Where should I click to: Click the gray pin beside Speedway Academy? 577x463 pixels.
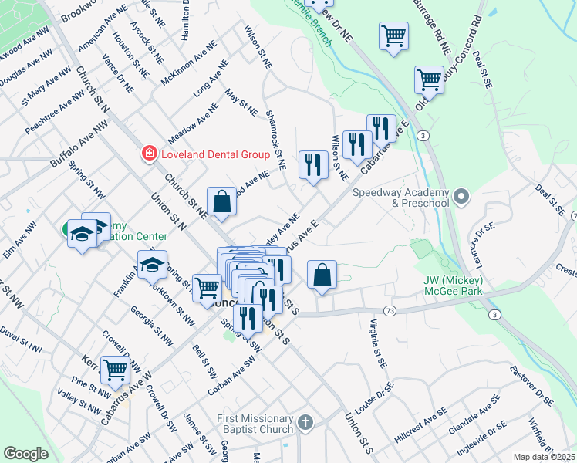click(x=462, y=198)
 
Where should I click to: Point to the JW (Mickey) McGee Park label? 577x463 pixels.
click(x=453, y=286)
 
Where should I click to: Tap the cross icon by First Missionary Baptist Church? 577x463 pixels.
click(x=306, y=423)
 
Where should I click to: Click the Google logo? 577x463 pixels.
click(x=25, y=453)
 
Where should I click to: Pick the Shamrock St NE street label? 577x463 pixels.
click(x=275, y=139)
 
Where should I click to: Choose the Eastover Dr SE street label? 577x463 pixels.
click(x=531, y=386)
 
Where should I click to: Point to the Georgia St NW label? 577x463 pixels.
click(x=151, y=323)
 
